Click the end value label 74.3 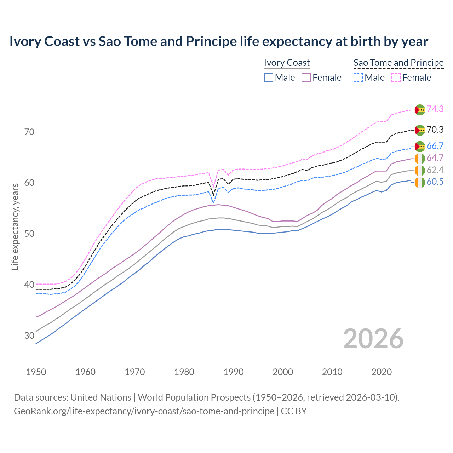tap(435, 109)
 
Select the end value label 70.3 tap(435, 130)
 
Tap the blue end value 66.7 tap(435, 146)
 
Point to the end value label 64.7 tap(435, 158)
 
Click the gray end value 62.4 tap(435, 170)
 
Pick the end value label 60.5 tap(435, 182)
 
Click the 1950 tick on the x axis tap(36, 372)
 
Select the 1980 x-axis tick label tap(184, 372)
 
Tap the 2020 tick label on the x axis tap(382, 372)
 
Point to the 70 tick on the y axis tap(29, 132)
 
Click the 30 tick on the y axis tap(29, 336)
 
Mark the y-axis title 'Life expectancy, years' tap(15, 226)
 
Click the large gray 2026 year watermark tap(373, 339)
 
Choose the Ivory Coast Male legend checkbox tap(269, 78)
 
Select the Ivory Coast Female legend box tap(306, 78)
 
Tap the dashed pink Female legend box tap(396, 78)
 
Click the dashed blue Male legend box tap(358, 78)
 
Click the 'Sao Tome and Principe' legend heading tap(398, 63)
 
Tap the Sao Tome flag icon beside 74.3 tap(420, 110)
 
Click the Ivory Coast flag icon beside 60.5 tap(420, 183)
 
